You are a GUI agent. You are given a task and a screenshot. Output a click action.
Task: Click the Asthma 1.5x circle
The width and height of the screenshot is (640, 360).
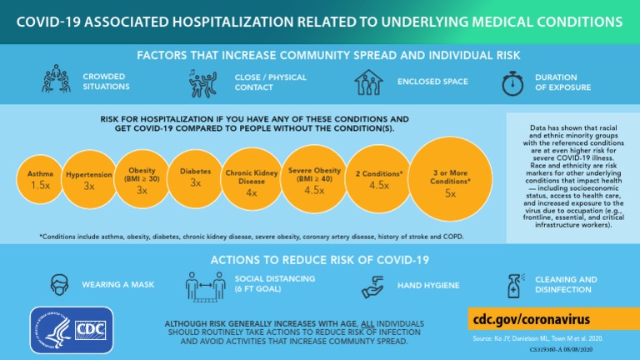[x=40, y=178]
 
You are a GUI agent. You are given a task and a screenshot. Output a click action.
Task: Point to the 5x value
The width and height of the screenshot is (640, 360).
[x=450, y=193]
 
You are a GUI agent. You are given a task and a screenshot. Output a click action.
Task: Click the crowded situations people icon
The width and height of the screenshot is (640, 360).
[x=57, y=82]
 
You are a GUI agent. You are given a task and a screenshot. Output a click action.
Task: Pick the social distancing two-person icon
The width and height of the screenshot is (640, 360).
[x=207, y=285]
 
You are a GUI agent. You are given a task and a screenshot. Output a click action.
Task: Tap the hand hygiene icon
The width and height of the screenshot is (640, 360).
[x=372, y=285]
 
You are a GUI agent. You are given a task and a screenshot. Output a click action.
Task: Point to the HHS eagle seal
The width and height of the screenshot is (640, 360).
[x=51, y=331]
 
